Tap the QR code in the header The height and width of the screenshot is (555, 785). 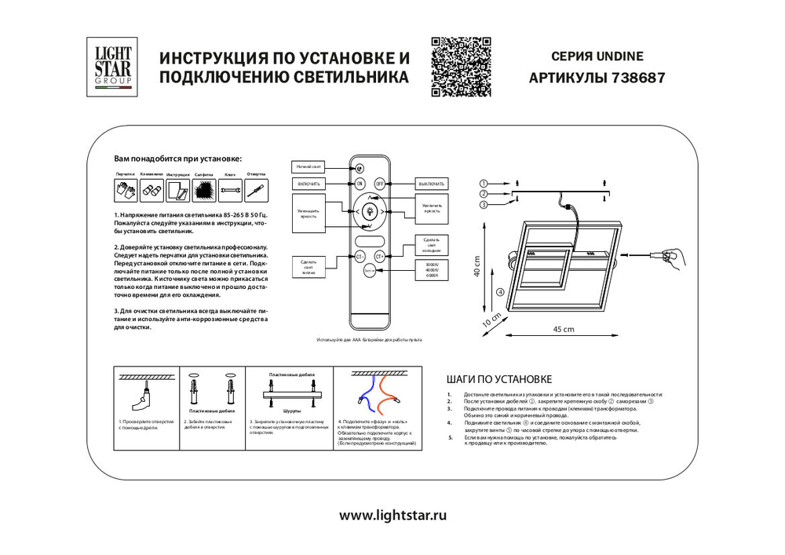point(462,67)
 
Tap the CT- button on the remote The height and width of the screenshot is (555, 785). point(360,256)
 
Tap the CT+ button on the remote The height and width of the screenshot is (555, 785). point(380,256)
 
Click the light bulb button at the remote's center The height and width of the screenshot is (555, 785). point(370,210)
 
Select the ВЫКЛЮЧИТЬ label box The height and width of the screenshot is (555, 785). point(431,183)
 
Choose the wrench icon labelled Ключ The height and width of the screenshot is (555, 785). point(230,189)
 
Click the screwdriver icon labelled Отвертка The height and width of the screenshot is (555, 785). point(256,189)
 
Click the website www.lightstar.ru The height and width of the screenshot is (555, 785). point(392,515)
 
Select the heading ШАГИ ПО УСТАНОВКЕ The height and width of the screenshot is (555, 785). point(498,378)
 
